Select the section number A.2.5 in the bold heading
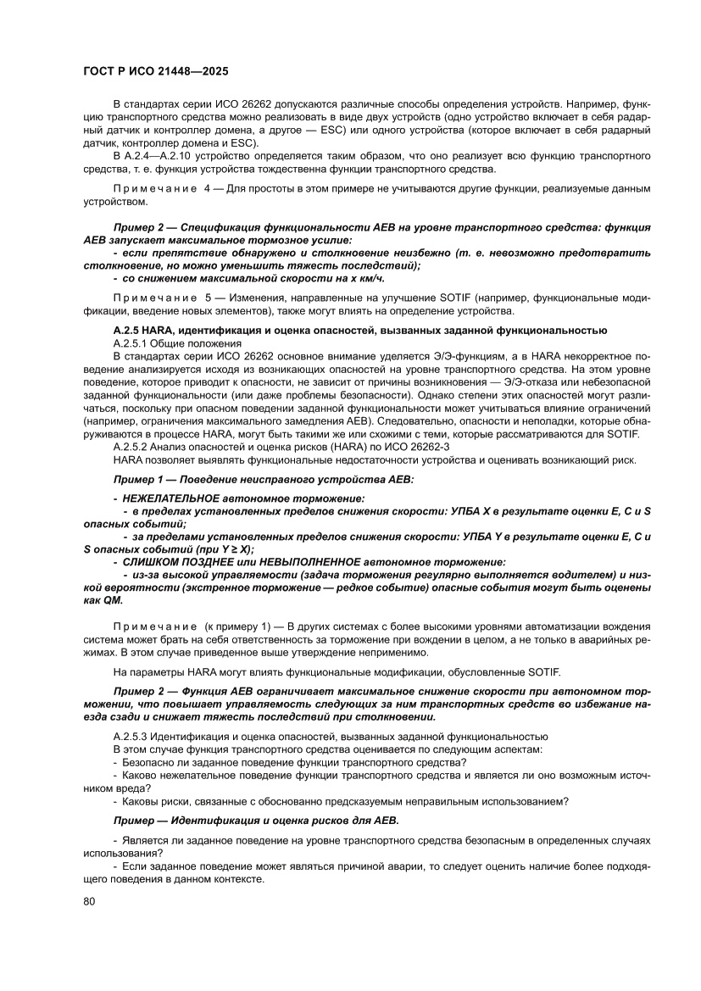pos(130,329)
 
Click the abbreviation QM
pos(114,599)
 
